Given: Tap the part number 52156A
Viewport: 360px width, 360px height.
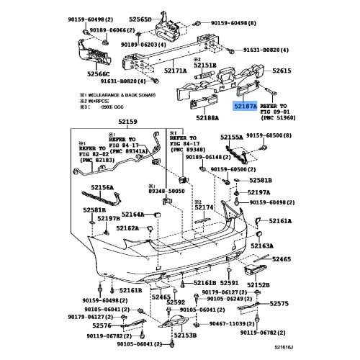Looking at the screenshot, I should (x=102, y=187).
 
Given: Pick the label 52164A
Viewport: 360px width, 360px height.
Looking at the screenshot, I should (x=133, y=214).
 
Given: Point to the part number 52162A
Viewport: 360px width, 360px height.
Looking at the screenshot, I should (x=128, y=228).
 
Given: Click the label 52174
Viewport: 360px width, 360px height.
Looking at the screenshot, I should (x=204, y=207).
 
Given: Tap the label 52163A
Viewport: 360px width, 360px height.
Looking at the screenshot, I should (x=262, y=246).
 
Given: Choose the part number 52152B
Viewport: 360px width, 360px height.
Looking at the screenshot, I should (x=258, y=284).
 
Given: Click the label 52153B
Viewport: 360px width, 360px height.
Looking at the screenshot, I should (x=185, y=334).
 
